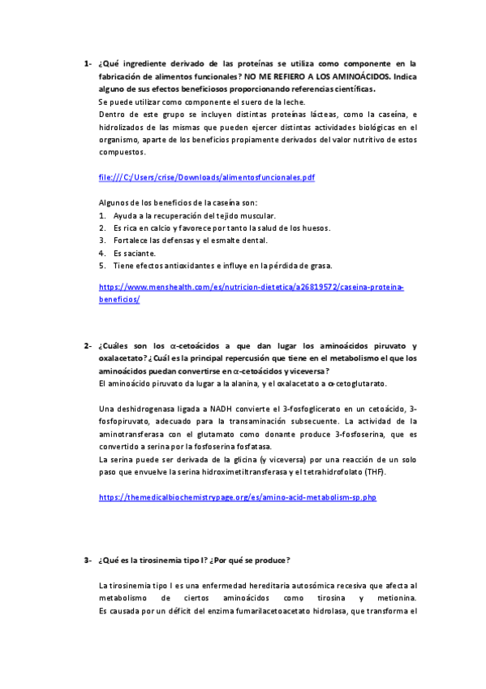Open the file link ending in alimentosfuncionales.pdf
pyautogui.click(x=206, y=177)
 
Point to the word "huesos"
pyautogui.click(x=313, y=228)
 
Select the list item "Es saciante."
pyautogui.click(x=131, y=253)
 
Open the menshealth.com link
pyautogui.click(x=252, y=288)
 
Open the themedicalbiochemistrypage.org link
pyautogui.click(x=238, y=497)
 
